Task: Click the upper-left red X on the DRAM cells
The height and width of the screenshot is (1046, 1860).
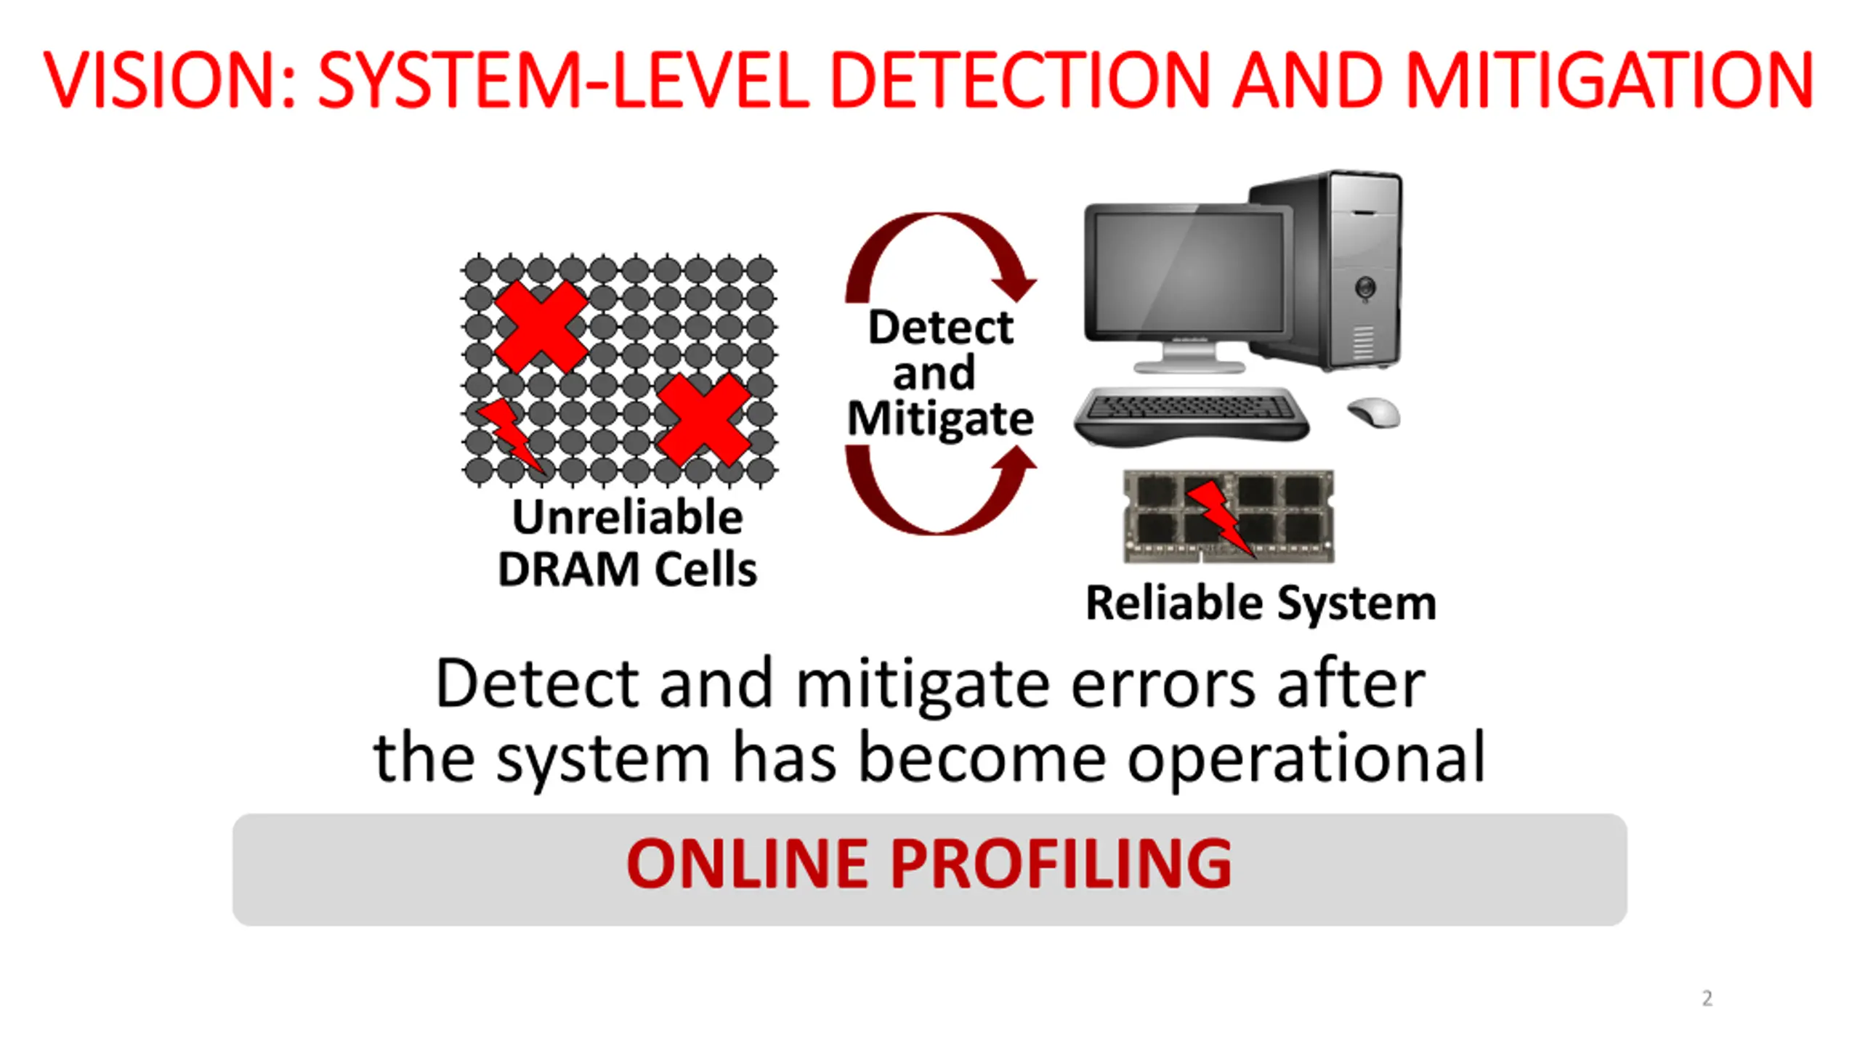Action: [541, 327]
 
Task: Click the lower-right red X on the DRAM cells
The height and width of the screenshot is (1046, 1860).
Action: [703, 420]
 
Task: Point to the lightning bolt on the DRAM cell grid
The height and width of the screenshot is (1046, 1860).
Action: [509, 434]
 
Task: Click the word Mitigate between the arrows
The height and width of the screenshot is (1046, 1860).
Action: [940, 418]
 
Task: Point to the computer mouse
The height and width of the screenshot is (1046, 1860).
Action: [1373, 413]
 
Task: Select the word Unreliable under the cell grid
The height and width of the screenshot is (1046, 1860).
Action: [628, 517]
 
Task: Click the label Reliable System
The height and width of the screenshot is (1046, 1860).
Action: [1261, 603]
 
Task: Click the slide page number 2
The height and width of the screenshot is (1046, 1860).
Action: [1707, 998]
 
